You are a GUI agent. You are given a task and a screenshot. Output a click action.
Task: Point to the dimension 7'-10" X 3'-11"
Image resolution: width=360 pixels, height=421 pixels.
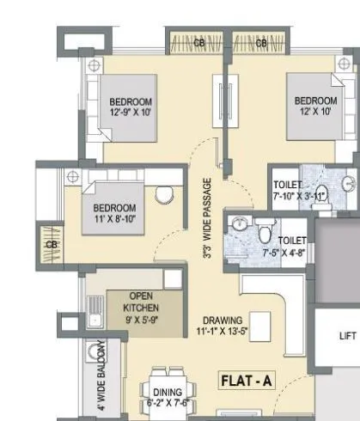click(x=297, y=196)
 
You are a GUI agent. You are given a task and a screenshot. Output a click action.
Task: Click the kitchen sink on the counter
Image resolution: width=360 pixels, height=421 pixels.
click(x=95, y=320)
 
